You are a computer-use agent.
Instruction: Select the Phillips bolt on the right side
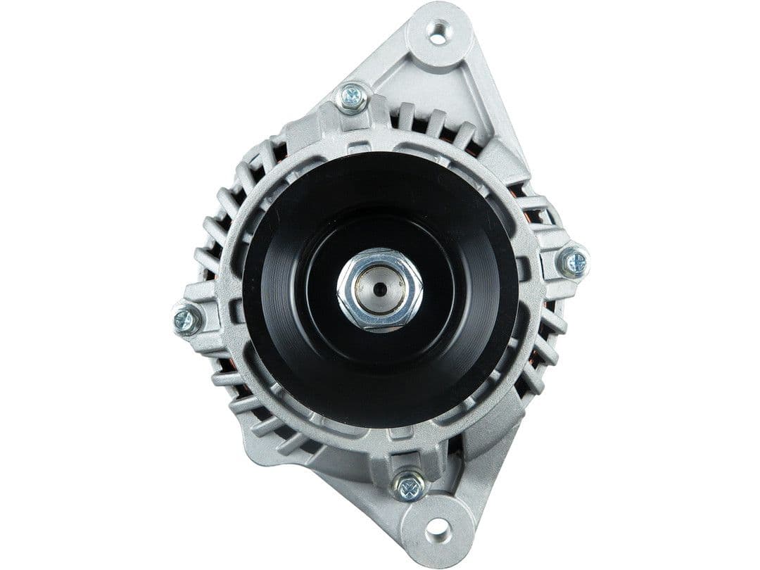click(574, 263)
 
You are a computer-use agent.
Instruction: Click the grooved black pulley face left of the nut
click(289, 296)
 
